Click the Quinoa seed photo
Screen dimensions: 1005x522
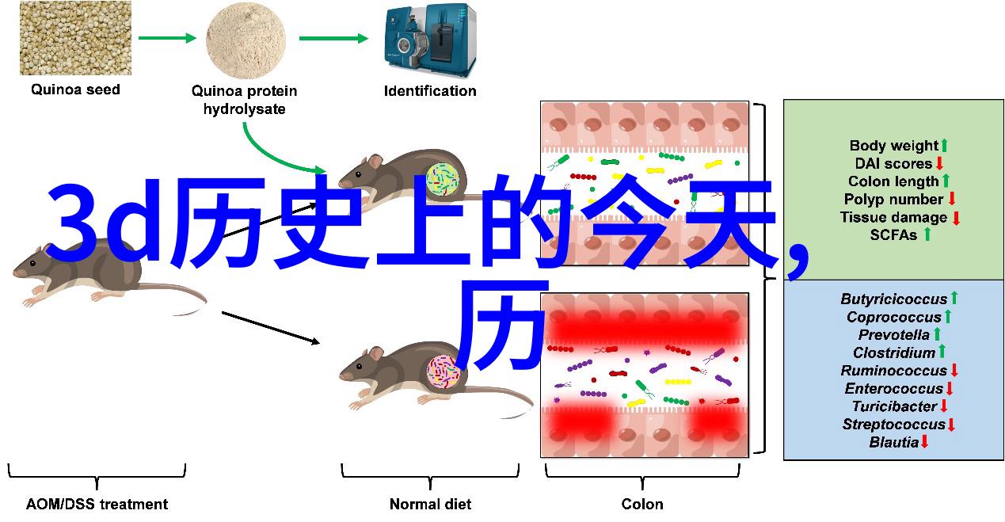[x=75, y=38]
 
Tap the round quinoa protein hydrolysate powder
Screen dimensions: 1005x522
[x=246, y=40]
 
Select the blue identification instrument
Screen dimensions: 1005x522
[x=430, y=40]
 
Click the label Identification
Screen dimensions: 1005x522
[x=430, y=91]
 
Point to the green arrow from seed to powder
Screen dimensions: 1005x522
[x=167, y=38]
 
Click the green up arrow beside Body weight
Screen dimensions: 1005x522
[x=944, y=146]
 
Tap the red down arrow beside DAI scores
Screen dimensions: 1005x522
[x=939, y=163]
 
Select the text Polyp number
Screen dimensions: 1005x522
[x=893, y=199]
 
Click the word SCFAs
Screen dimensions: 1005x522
[x=893, y=234]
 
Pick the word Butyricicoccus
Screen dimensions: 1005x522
[x=893, y=299]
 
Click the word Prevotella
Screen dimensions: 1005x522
[x=893, y=335]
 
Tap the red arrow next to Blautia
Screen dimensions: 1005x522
[x=924, y=442]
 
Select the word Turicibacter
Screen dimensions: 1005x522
[x=894, y=406]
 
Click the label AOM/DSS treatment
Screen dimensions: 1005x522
[x=97, y=504]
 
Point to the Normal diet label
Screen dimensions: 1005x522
[x=430, y=504]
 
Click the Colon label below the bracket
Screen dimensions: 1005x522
[x=642, y=504]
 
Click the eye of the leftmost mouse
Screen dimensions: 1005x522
[x=32, y=264]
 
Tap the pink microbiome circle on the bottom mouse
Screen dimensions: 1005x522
[x=443, y=371]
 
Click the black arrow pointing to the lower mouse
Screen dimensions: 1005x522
[x=271, y=328]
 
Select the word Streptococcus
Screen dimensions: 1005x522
[x=893, y=424]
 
